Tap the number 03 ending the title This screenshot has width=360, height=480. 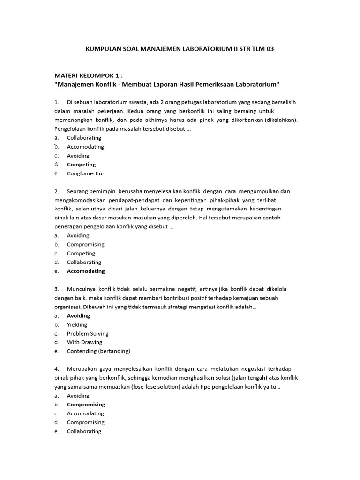pyautogui.click(x=270, y=49)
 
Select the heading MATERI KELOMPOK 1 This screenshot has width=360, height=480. pyautogui.click(x=89, y=75)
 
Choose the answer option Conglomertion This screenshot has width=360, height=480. pyautogui.click(x=86, y=173)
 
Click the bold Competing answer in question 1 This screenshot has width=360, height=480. pyautogui.click(x=81, y=165)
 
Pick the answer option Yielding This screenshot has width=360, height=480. pyautogui.click(x=77, y=325)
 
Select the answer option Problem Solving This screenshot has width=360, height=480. pyautogui.click(x=88, y=334)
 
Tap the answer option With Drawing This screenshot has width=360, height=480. pyautogui.click(x=84, y=342)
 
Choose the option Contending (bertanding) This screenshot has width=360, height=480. pyautogui.click(x=98, y=351)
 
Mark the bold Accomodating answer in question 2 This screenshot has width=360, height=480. pyautogui.click(x=86, y=271)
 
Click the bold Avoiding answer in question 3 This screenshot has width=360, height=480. pyautogui.click(x=78, y=316)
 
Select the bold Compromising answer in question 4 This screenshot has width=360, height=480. pyautogui.click(x=86, y=405)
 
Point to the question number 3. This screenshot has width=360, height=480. pyautogui.click(x=56, y=289)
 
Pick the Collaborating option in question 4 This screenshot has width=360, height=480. pyautogui.click(x=84, y=431)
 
